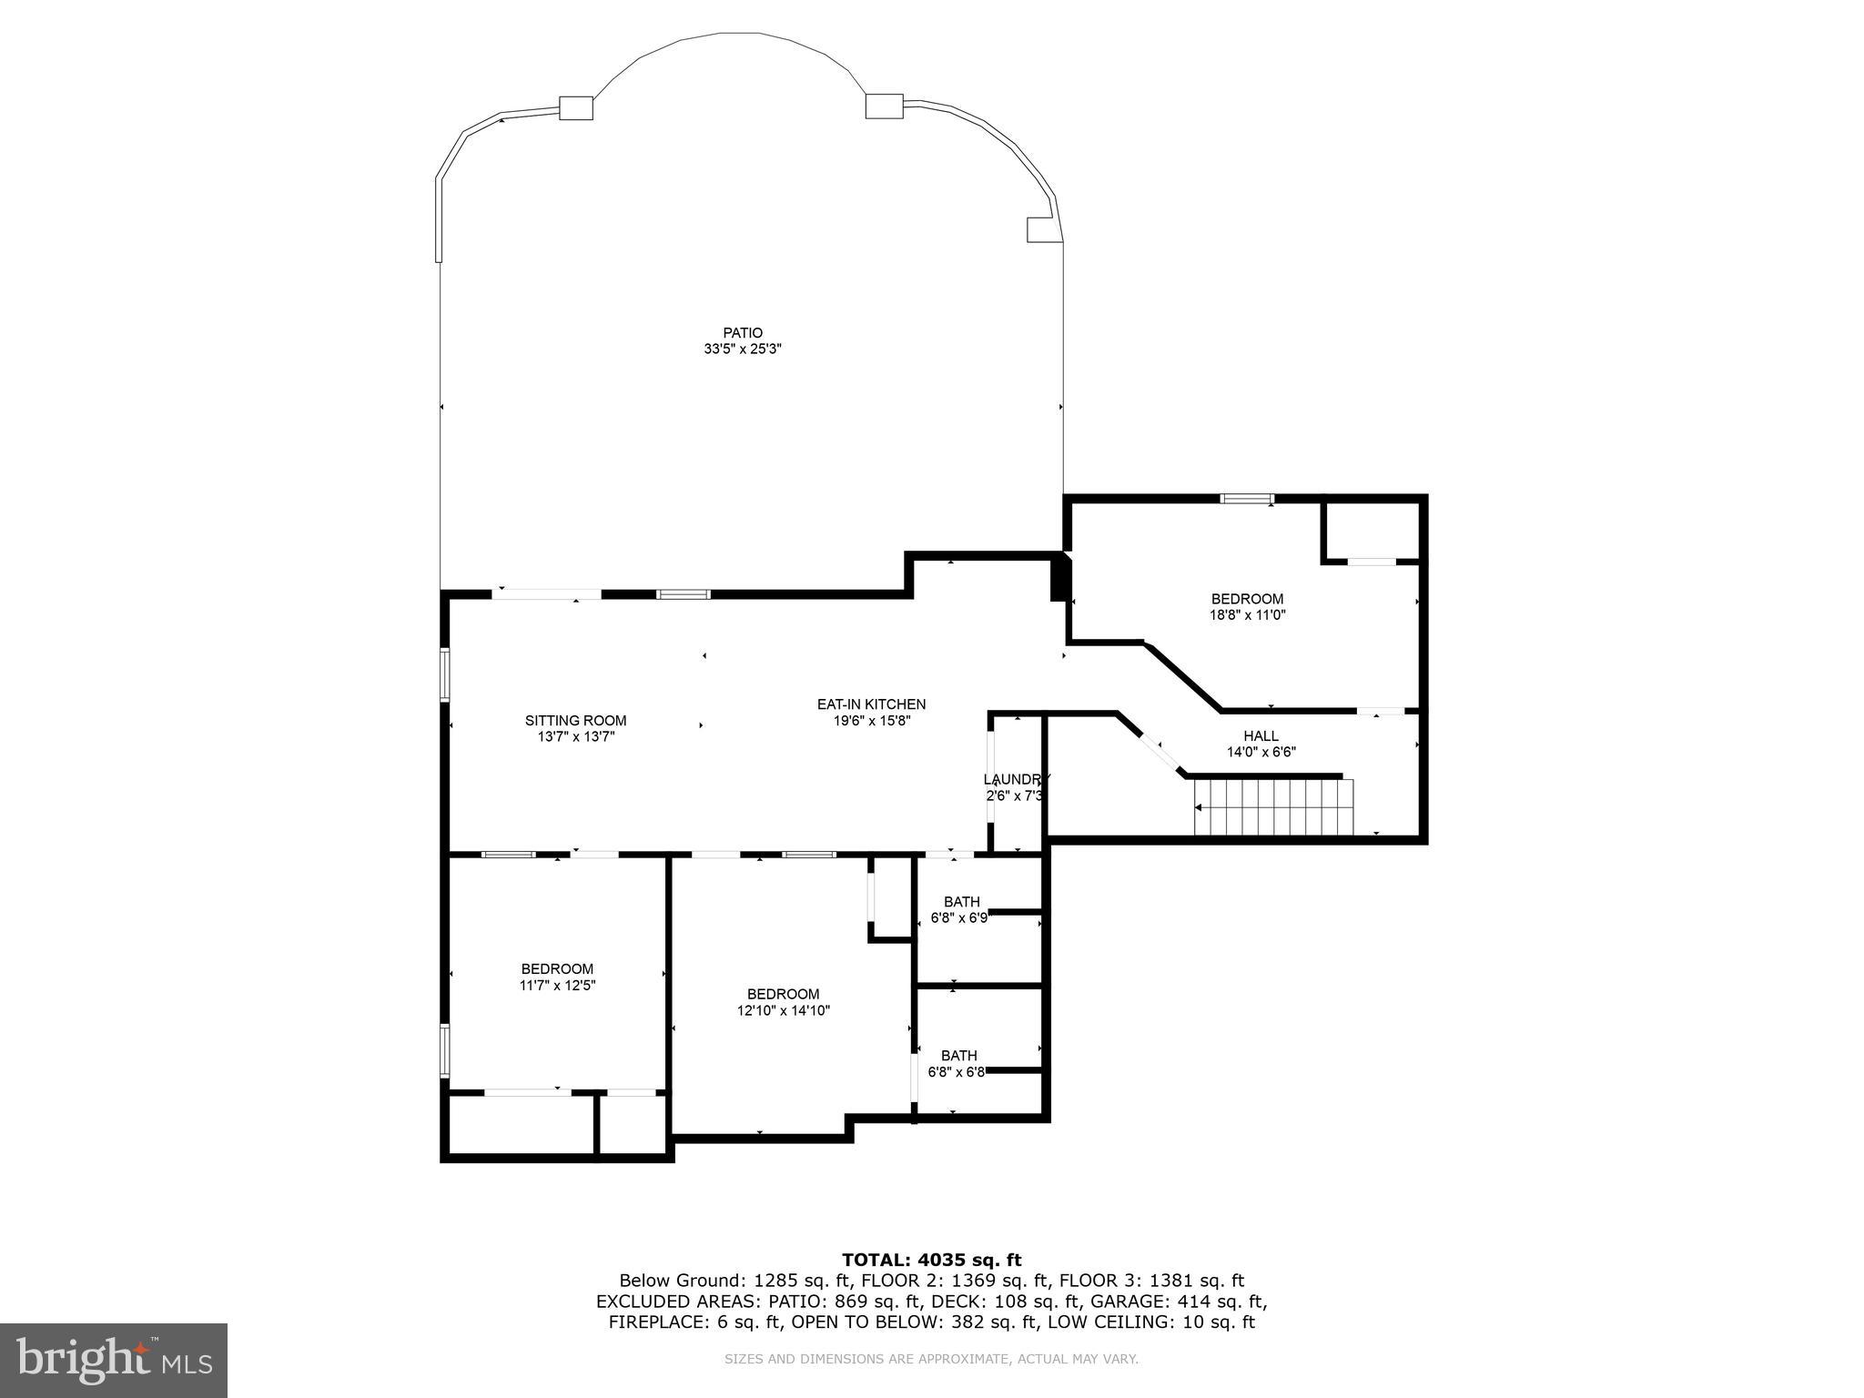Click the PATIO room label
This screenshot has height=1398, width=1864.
(743, 333)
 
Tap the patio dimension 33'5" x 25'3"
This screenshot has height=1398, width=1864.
(743, 349)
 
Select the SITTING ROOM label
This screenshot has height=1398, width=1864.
(575, 721)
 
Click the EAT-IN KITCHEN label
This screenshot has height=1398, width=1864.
(871, 704)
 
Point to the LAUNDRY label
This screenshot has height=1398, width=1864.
(1016, 780)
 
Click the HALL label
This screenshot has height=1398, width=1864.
(1261, 736)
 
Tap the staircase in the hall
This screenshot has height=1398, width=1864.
(1274, 807)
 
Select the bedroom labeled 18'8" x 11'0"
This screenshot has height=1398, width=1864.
(1247, 607)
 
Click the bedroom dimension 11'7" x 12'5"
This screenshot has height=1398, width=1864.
(557, 985)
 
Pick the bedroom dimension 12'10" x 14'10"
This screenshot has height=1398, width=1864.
(783, 1010)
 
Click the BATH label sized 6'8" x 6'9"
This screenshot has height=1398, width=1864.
(961, 902)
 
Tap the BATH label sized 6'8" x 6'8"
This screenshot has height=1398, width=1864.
(958, 1056)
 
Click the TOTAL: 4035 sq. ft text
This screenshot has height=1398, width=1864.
(931, 1260)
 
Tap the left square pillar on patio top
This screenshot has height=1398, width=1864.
(575, 108)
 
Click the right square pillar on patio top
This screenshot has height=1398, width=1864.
(884, 106)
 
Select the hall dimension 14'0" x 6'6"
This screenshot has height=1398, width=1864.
(1261, 752)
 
